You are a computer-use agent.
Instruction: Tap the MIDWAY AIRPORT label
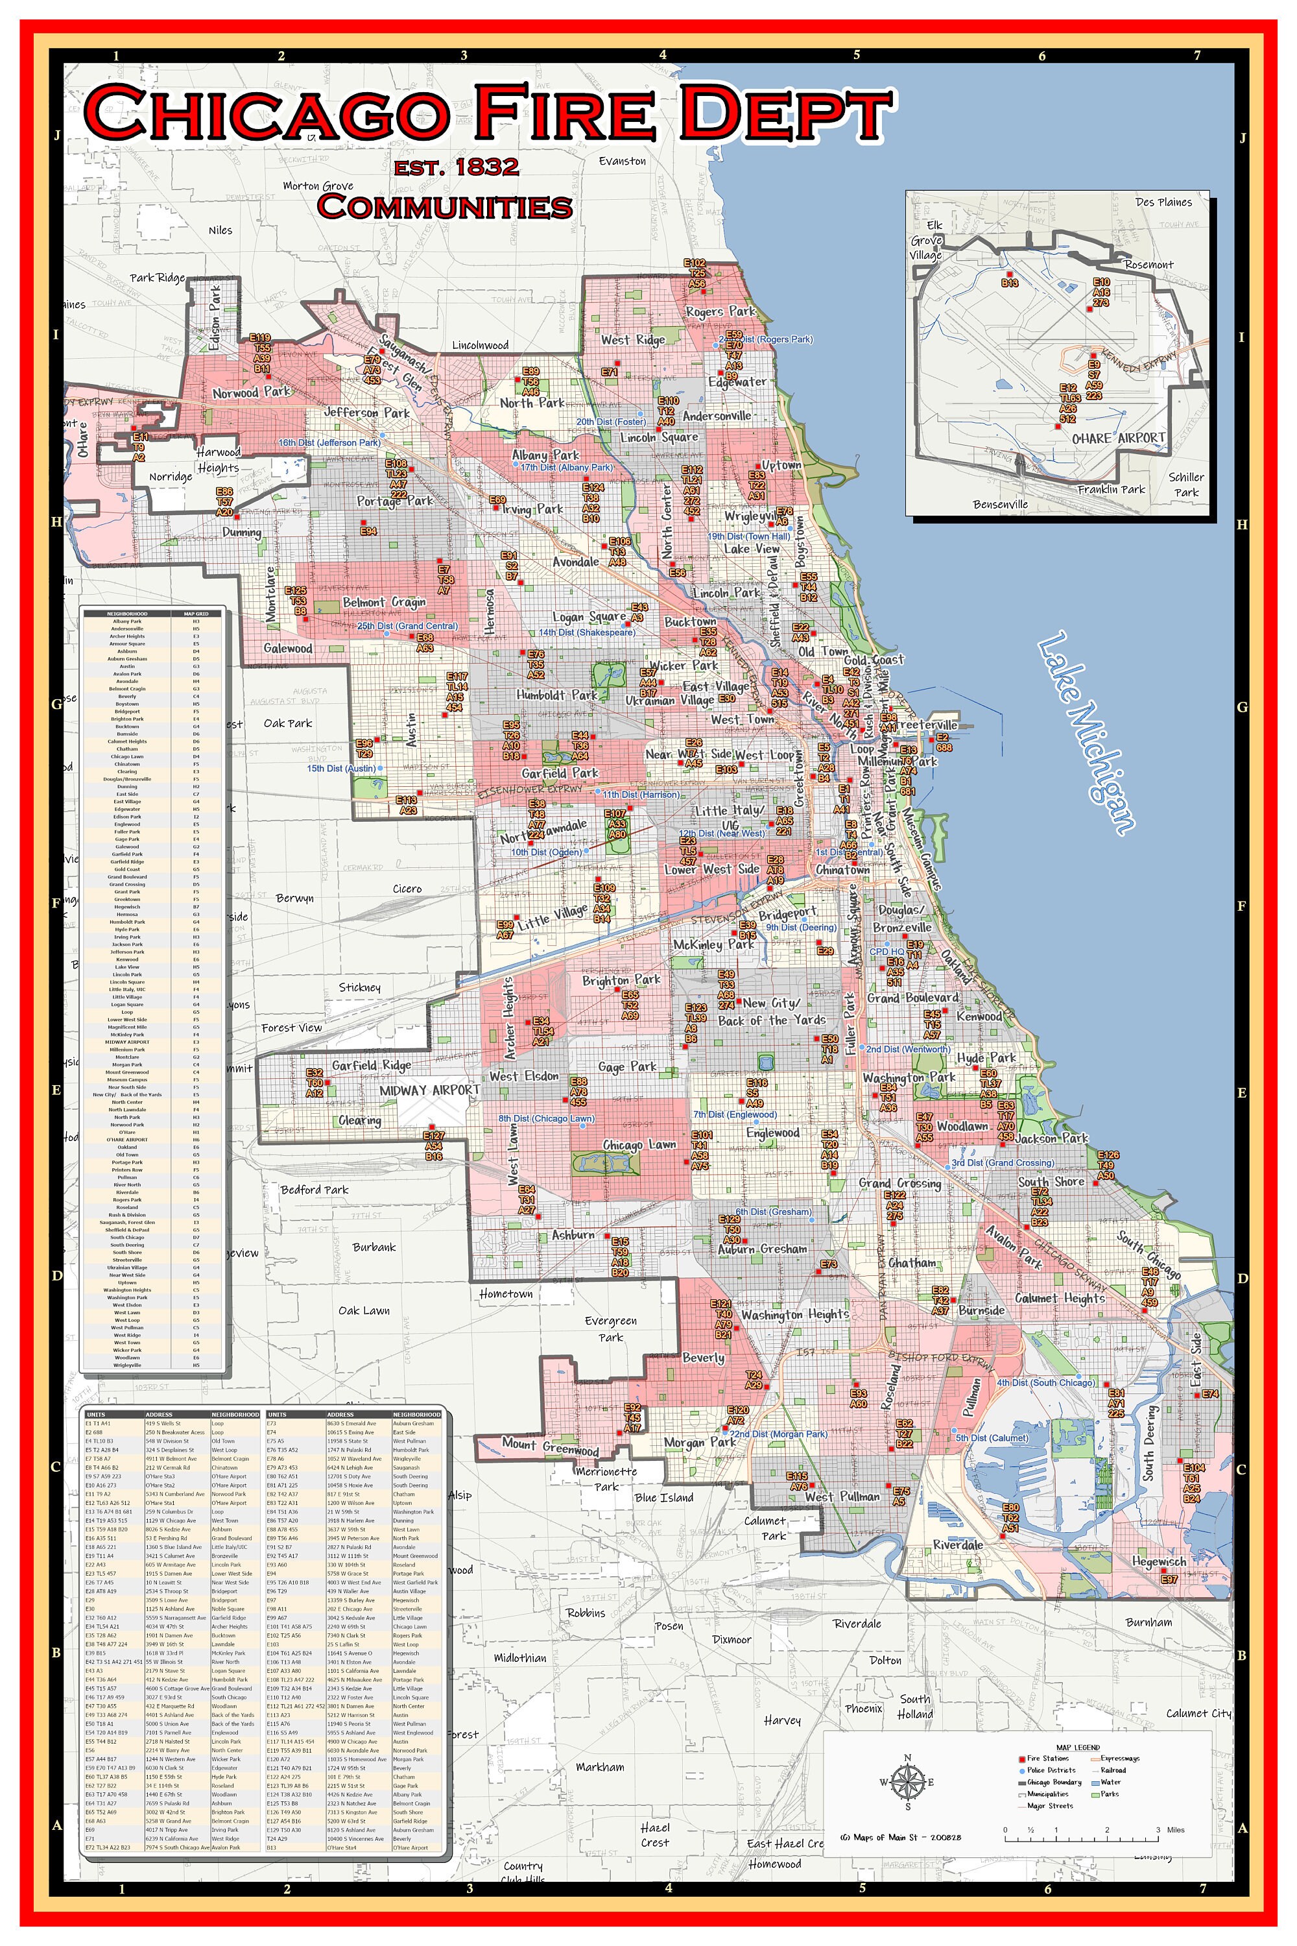429,1090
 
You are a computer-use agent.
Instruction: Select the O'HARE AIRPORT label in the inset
1118,438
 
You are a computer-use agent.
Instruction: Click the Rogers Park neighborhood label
720,311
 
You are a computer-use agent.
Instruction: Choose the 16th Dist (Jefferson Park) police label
329,442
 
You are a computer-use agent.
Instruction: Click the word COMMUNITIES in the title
445,206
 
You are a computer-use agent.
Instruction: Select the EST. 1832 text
457,167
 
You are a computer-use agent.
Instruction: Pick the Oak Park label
288,723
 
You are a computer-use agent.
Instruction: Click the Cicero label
407,889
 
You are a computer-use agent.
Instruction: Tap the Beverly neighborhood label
703,1358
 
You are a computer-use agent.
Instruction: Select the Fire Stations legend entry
1047,1758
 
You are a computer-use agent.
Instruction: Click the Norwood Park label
252,392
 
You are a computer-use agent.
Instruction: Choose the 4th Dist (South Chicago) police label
1045,1382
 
